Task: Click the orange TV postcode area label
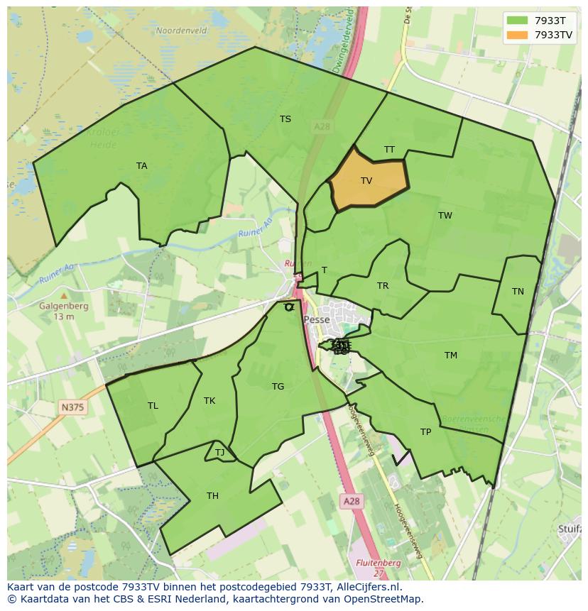tap(366, 181)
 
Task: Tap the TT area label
tap(389, 150)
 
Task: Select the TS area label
tap(285, 119)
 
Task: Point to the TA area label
tap(142, 166)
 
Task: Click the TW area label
tap(445, 216)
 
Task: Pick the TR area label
tap(383, 286)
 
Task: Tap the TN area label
tap(518, 292)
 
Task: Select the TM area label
tap(451, 356)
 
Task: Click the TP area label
tap(425, 432)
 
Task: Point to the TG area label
tap(278, 387)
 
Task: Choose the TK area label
tap(209, 401)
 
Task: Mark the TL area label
tap(153, 406)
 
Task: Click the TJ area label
tap(219, 453)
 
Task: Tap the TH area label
tap(212, 496)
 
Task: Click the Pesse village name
tap(317, 320)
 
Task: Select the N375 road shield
tap(71, 407)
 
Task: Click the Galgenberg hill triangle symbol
tap(64, 296)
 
